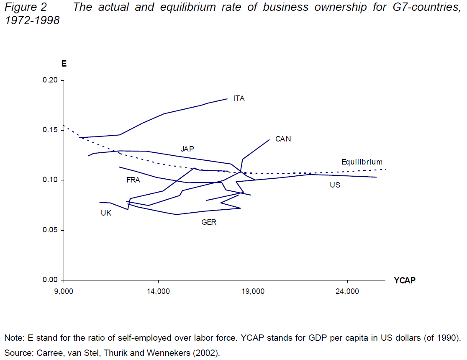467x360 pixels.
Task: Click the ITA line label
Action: pos(239,99)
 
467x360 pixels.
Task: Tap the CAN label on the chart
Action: pos(283,139)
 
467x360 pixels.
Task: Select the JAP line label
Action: pos(187,149)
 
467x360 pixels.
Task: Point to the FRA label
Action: pos(133,180)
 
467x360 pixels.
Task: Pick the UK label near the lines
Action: pos(106,213)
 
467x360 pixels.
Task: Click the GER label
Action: pos(209,222)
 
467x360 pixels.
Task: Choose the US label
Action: pos(335,185)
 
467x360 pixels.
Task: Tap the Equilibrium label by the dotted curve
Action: pos(362,162)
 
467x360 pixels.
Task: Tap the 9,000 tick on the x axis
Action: pos(64,292)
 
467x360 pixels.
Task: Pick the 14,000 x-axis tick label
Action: pos(158,292)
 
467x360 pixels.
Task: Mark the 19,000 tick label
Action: pos(253,292)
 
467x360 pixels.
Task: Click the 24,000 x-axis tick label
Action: pos(348,292)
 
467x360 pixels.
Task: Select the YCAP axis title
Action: pos(405,280)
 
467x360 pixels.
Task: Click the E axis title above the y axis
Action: pos(64,64)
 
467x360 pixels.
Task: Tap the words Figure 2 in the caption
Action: pos(26,8)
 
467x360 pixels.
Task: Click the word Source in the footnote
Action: pos(16,353)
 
